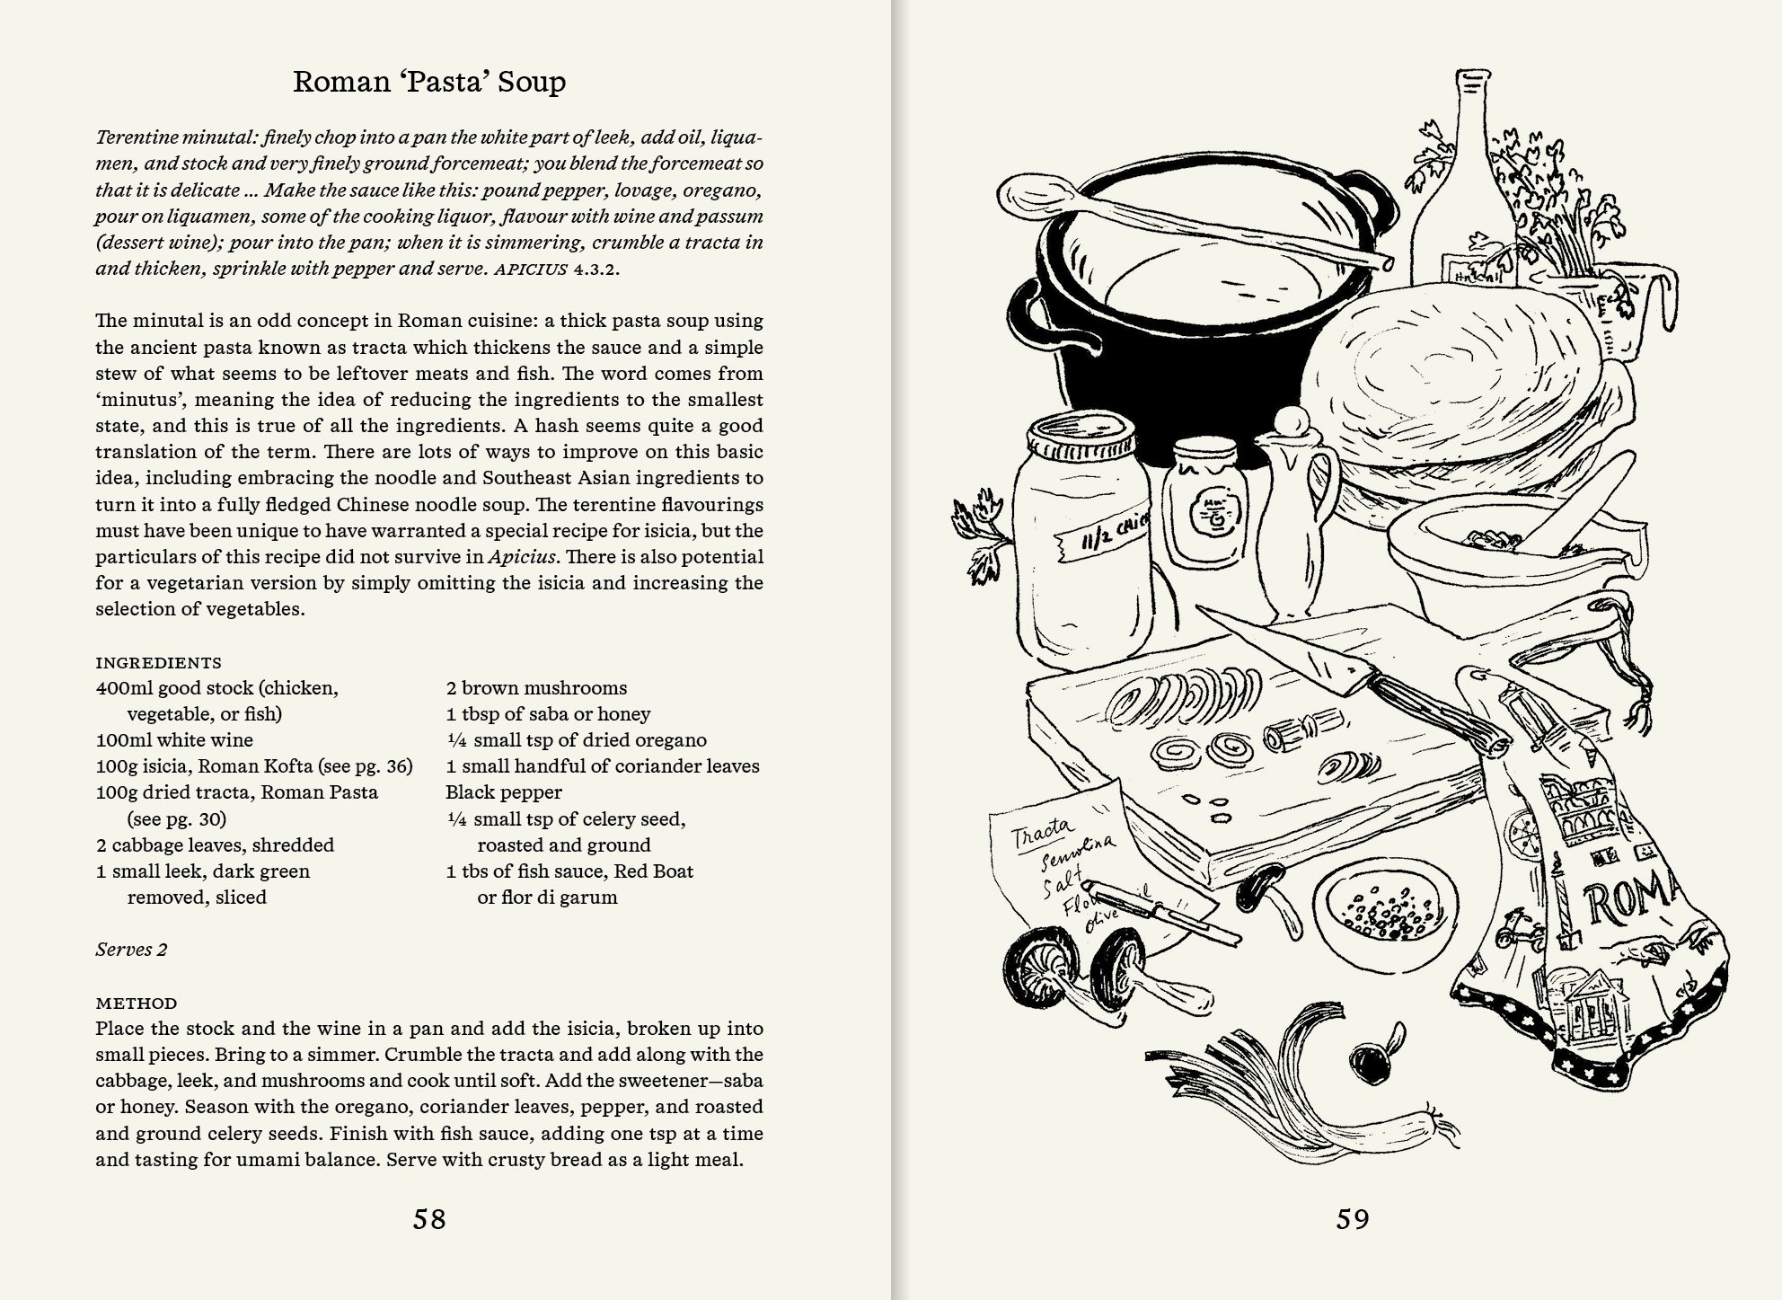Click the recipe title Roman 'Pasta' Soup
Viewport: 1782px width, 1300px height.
tap(429, 82)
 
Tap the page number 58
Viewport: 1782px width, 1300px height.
tap(429, 1219)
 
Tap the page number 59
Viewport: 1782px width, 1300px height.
tap(1353, 1219)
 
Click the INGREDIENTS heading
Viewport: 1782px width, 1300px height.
tap(158, 663)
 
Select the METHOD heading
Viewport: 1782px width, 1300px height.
tap(137, 1003)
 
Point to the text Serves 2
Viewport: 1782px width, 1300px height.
tap(131, 950)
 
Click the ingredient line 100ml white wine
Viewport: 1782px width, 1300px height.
tap(174, 740)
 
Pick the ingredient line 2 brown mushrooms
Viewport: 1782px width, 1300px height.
tap(536, 688)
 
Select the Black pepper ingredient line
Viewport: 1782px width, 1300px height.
tap(503, 792)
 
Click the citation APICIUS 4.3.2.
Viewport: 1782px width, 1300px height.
tap(557, 269)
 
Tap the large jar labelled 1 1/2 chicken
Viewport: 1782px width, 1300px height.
tap(1082, 548)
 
